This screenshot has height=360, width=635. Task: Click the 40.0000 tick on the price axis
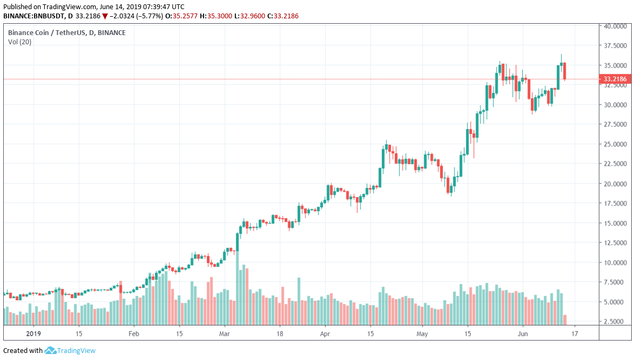tap(616, 26)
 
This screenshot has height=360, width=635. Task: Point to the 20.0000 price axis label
tap(616, 184)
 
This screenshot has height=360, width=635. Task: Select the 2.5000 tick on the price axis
tap(616, 322)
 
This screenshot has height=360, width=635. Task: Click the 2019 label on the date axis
tap(33, 334)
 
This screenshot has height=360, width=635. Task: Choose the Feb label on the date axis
tap(134, 334)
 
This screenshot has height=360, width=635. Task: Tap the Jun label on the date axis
tap(522, 334)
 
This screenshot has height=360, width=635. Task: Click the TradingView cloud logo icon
tap(51, 351)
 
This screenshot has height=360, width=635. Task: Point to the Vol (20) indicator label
tap(19, 42)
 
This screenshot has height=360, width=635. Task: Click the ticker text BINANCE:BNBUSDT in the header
tap(35, 16)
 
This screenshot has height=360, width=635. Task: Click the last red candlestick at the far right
tap(564, 71)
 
